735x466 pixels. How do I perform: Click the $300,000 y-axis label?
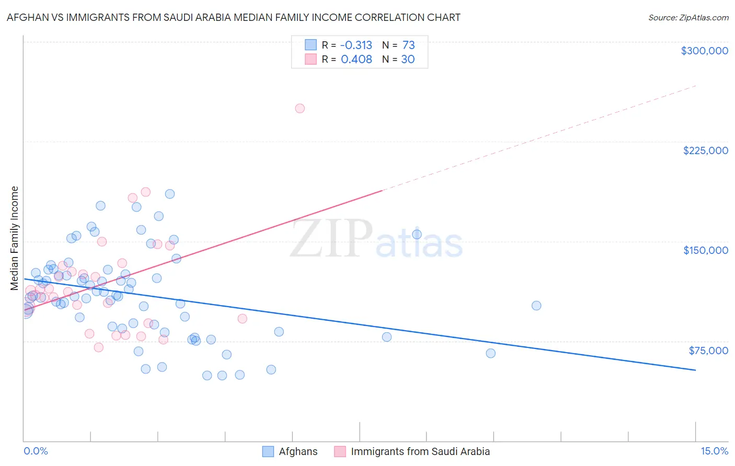704,51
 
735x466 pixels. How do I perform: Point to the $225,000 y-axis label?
705,150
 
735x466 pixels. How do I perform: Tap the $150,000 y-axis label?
705,250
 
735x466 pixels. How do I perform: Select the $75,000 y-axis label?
708,351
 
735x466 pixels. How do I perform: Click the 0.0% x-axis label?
36,451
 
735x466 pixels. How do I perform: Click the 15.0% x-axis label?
714,451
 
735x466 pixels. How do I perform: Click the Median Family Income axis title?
15,238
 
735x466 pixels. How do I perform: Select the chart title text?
233,17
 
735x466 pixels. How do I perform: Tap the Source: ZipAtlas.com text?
688,18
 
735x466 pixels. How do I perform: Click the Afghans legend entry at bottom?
298,451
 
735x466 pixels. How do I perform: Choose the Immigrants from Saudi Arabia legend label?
420,451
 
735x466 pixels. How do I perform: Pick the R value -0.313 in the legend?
356,45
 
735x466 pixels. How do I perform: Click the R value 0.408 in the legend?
357,59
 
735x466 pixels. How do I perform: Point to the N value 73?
408,45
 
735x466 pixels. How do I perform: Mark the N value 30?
408,59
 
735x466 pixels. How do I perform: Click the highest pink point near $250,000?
300,109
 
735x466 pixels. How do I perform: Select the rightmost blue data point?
536,306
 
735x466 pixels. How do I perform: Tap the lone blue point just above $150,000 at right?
417,235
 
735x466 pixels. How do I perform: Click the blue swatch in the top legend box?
311,45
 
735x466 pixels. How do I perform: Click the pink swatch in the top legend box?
311,59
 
